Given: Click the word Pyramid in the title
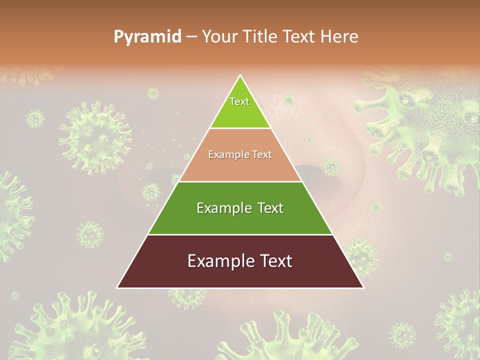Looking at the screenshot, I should click(x=147, y=36).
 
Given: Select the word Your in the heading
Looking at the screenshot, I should click(x=219, y=36).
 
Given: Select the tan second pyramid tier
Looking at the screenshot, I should click(x=240, y=167).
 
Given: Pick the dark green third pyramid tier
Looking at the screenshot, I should click(x=240, y=220).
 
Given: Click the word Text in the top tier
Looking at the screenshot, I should click(x=239, y=101).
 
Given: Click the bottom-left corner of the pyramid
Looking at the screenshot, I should click(x=117, y=287).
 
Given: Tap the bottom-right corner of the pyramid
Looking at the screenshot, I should click(x=363, y=287).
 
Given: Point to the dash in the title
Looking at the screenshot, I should click(x=191, y=36).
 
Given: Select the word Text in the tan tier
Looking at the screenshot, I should click(x=261, y=154).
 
